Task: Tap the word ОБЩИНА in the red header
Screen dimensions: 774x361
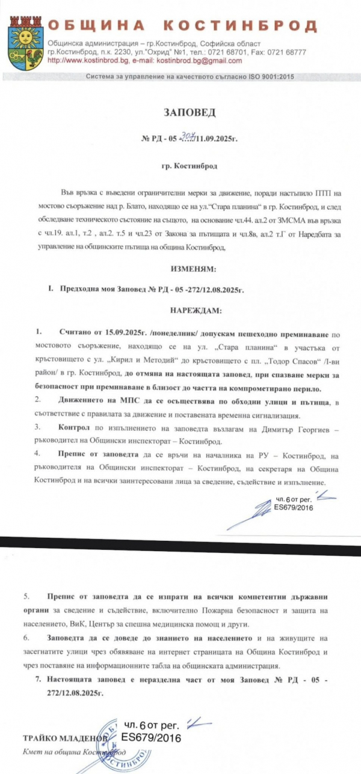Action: click(96, 25)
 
